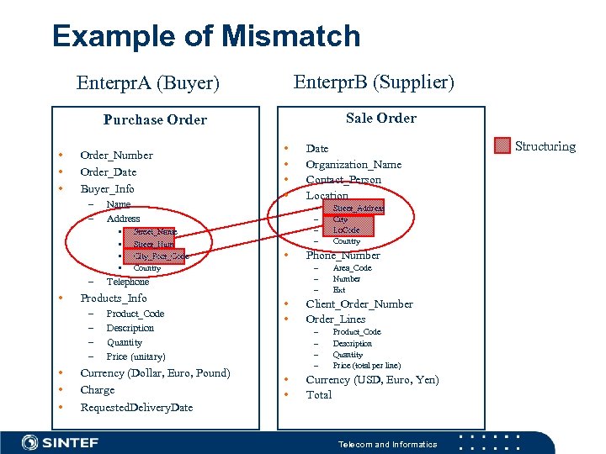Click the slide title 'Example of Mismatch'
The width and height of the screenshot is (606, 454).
coord(206,36)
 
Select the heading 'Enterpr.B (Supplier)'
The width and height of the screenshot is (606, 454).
coord(373,82)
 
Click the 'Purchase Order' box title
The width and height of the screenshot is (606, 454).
coord(155,119)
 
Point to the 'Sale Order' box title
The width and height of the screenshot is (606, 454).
coord(381,118)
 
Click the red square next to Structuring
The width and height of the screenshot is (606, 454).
coord(502,146)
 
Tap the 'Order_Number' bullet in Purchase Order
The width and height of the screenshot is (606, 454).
coord(116,155)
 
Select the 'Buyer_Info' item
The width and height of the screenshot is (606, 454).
coord(107,188)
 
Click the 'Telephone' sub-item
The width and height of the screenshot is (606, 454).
coord(127,282)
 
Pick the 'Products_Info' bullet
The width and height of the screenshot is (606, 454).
coord(113,298)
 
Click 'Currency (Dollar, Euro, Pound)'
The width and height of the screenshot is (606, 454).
coord(155,373)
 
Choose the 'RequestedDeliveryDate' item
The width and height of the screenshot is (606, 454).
coord(136,407)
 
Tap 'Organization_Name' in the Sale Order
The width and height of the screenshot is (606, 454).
coord(353,164)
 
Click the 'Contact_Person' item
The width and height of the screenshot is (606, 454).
coord(343,179)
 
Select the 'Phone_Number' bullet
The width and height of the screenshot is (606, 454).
coord(343,255)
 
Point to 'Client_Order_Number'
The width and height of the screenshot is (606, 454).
coord(359,304)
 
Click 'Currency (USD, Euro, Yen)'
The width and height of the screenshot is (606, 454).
coord(372,379)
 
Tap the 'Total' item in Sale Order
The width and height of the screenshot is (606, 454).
coord(318,394)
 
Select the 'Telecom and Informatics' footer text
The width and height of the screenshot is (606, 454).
coord(387,444)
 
